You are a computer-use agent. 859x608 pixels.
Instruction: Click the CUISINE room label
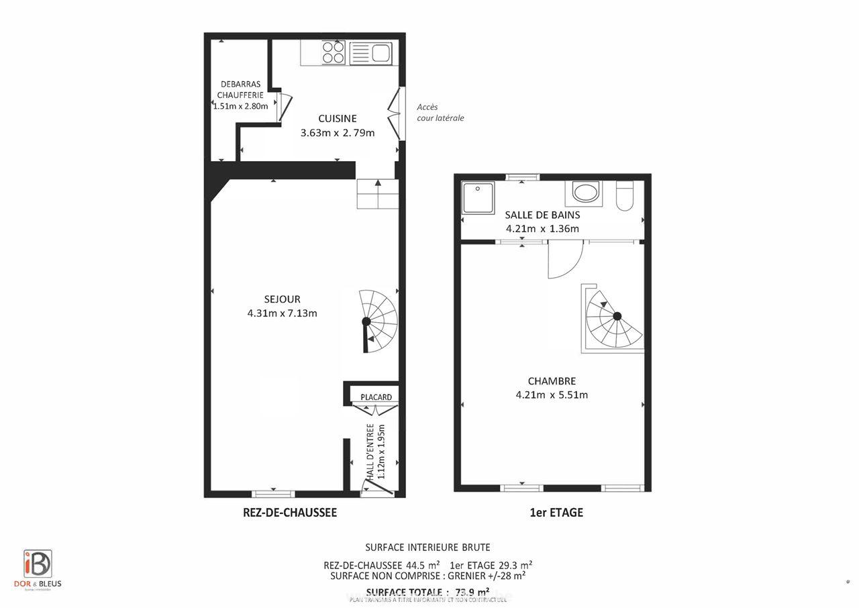point(337,119)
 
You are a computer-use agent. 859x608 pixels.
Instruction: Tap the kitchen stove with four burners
point(334,52)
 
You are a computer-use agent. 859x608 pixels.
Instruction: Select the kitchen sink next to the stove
point(370,52)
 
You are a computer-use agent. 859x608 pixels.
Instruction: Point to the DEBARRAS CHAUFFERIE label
point(240,90)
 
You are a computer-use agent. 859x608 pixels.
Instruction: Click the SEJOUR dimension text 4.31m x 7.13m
point(282,313)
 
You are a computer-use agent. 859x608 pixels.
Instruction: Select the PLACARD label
point(376,397)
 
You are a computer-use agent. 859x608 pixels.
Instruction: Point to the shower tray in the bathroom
point(478,197)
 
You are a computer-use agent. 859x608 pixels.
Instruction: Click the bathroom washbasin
point(584,193)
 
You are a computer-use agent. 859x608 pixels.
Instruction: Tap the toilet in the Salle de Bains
point(625,195)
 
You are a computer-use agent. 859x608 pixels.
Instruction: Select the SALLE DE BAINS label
point(542,215)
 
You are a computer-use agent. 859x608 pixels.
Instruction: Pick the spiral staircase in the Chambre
point(613,317)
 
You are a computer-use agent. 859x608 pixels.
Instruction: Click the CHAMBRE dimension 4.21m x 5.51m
point(552,395)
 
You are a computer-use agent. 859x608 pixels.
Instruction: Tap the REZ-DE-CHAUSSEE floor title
point(289,513)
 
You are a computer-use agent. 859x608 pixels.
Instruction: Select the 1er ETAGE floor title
point(556,513)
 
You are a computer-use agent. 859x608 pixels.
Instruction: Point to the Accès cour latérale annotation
point(440,112)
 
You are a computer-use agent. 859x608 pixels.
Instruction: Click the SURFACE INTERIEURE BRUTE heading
point(427,548)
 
